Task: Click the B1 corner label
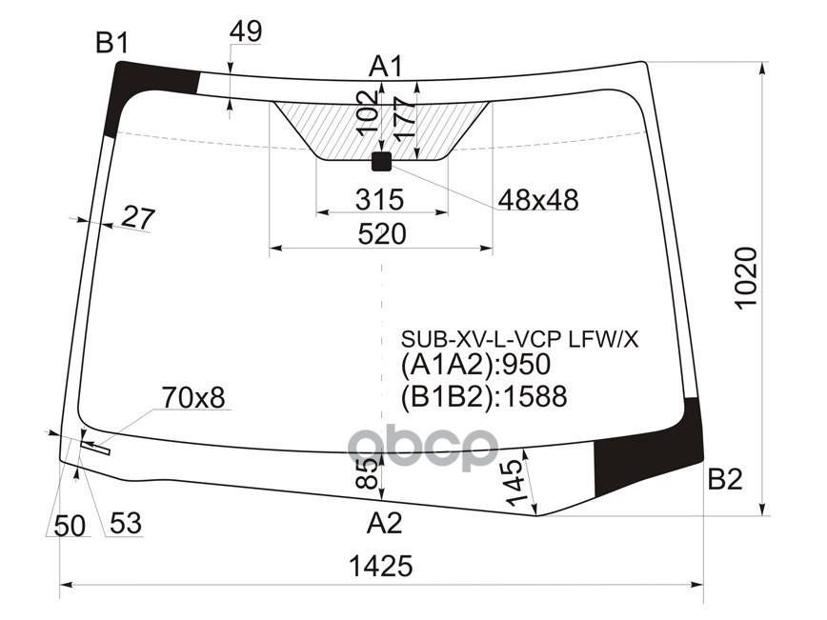coord(111,42)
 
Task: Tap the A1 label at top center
coord(386,67)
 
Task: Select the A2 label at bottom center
coord(385,522)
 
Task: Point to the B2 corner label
coord(724,479)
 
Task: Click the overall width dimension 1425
coord(380,567)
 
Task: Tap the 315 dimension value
coord(379,200)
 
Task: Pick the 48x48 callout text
coord(537,200)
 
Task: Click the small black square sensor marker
coord(381,161)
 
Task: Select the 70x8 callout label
coord(193,397)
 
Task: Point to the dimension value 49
coord(246,32)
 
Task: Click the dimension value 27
coord(138,218)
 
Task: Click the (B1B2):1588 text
coord(483,396)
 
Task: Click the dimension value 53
coord(125,524)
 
